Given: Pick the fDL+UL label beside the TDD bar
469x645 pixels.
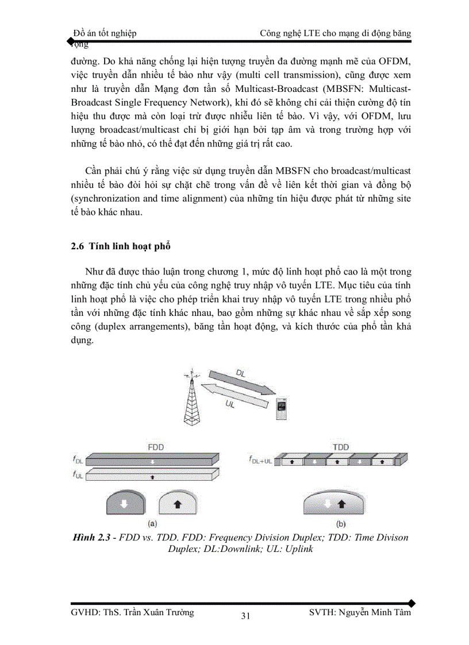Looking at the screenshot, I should tap(260, 461).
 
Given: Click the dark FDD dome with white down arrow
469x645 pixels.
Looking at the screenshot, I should tap(125, 503).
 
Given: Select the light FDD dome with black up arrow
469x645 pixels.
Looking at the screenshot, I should tap(178, 503).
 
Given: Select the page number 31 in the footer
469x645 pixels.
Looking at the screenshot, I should tap(245, 616).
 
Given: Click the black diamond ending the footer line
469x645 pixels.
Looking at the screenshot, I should tap(411, 603).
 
